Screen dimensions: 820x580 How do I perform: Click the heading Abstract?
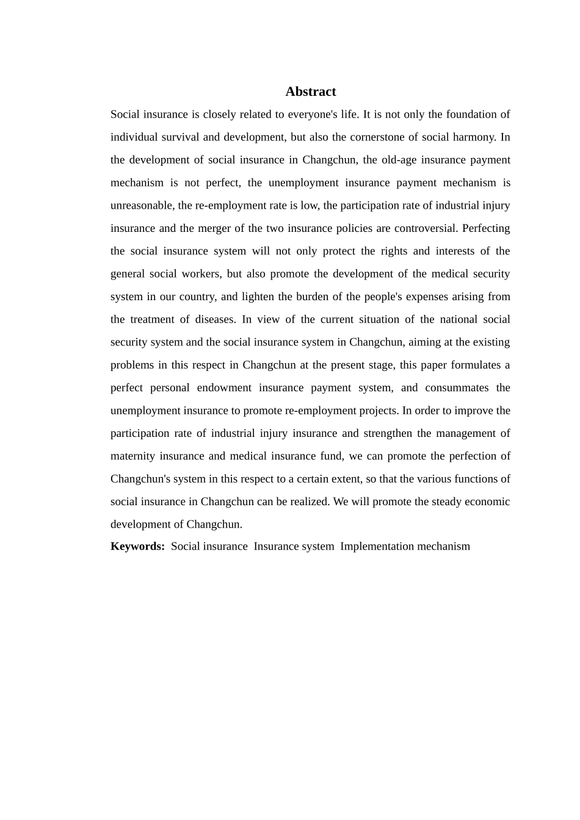pyautogui.click(x=310, y=92)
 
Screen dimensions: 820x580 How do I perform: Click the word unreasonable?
pyautogui.click(x=142, y=206)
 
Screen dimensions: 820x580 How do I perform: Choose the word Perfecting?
pyautogui.click(x=486, y=228)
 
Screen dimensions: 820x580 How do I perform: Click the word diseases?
pyautogui.click(x=215, y=320)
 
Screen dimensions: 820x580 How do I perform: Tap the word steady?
pyautogui.click(x=430, y=502)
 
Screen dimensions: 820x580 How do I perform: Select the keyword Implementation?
pyautogui.click(x=372, y=547)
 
